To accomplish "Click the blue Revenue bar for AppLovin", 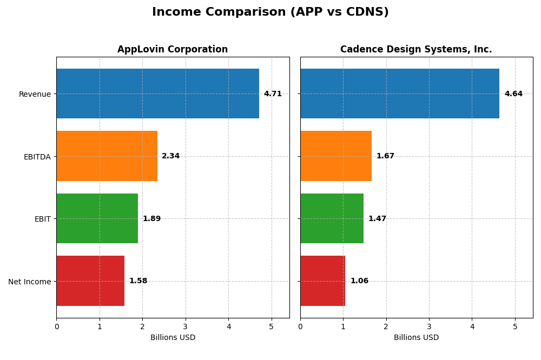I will click(157, 94).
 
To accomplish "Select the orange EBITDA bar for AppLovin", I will click(107, 156).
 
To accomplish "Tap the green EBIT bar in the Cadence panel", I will click(332, 218).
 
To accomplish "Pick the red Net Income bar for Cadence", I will click(322, 281).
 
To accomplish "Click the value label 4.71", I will click(273, 94).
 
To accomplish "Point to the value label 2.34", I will click(170, 156).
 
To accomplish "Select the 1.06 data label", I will click(359, 281).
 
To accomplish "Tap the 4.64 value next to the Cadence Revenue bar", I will click(513, 94).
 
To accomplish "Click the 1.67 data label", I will click(385, 156).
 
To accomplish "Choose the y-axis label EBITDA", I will click(37, 157).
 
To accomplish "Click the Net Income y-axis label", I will click(29, 282).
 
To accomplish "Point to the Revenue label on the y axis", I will click(35, 95).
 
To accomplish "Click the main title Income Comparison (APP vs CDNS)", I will click(270, 12).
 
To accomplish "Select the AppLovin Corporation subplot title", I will click(173, 50).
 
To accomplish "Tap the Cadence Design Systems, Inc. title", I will click(416, 50).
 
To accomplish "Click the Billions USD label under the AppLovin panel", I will click(173, 338).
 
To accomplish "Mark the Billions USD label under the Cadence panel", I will click(416, 338).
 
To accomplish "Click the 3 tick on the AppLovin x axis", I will click(186, 326).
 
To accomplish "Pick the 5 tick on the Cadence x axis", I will click(515, 326).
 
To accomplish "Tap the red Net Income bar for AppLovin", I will click(90, 281).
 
